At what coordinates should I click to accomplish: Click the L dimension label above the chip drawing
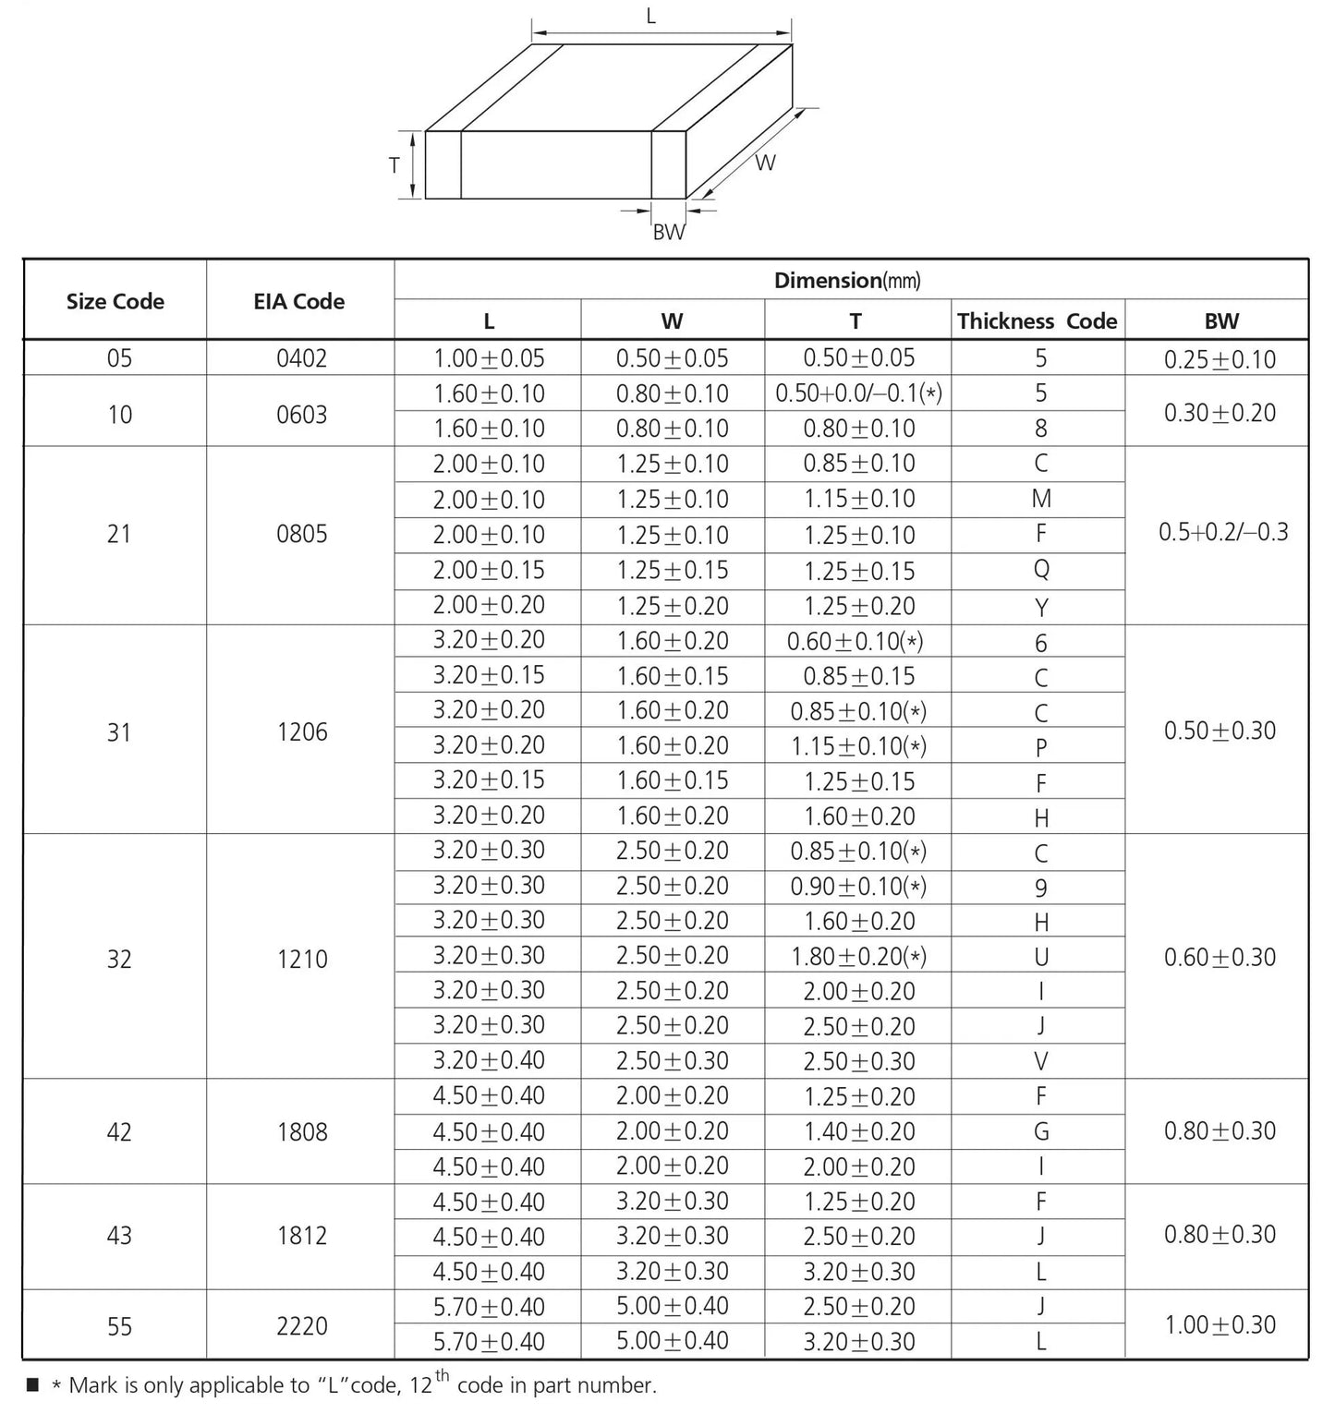click(x=651, y=17)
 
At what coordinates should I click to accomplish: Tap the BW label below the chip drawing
click(x=669, y=232)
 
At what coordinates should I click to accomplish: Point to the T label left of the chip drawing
click(x=394, y=165)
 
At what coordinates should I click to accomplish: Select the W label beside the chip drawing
click(x=765, y=163)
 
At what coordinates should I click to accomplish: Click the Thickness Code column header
click(x=1037, y=321)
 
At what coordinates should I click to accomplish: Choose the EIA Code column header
click(x=298, y=301)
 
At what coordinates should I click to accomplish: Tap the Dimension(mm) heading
click(x=847, y=281)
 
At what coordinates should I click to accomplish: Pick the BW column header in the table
click(x=1221, y=321)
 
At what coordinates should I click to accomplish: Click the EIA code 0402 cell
click(x=302, y=358)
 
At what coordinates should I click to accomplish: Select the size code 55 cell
click(x=119, y=1326)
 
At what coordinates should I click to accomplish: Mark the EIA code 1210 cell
click(x=302, y=959)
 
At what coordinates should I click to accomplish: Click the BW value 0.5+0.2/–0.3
click(x=1222, y=532)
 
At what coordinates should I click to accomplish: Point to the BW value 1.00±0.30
click(x=1220, y=1324)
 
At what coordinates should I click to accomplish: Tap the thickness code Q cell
click(x=1041, y=570)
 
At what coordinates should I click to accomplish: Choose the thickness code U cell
click(x=1041, y=957)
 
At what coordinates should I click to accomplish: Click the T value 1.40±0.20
click(x=859, y=1131)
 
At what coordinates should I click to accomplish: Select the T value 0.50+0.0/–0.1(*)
click(x=858, y=393)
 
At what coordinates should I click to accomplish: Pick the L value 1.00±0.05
click(x=489, y=358)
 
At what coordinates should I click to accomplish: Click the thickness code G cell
click(x=1041, y=1131)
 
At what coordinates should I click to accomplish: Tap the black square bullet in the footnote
click(x=33, y=1384)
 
